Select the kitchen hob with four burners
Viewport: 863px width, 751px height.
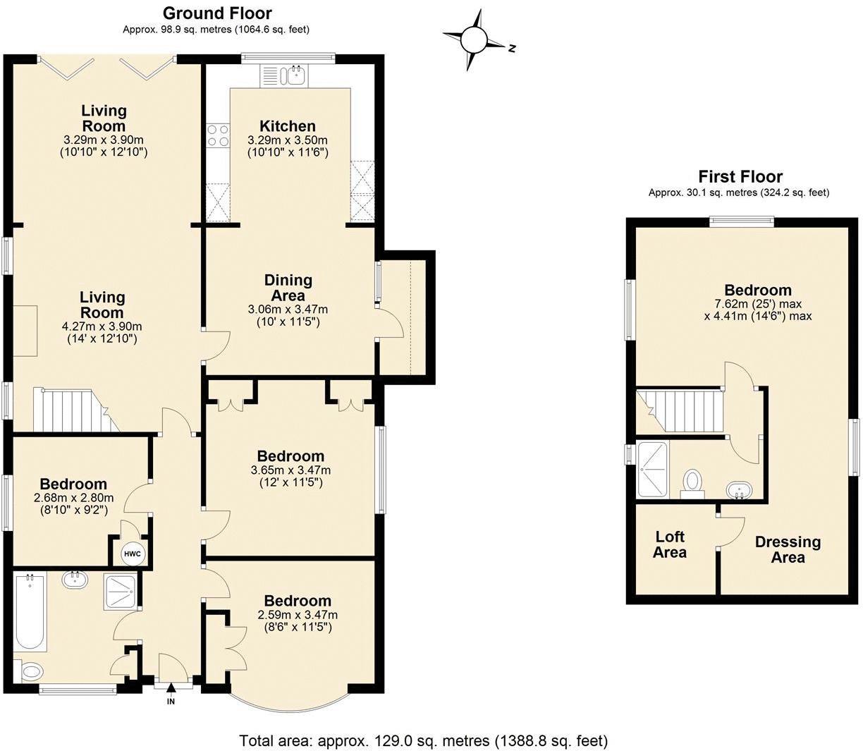(218, 136)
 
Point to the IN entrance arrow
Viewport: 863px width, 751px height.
(171, 688)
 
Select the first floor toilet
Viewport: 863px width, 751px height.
(692, 484)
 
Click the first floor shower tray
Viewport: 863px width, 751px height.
(653, 469)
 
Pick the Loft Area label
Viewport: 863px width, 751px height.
(670, 544)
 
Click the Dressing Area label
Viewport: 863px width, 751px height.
(788, 550)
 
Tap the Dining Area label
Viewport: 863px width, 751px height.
(288, 287)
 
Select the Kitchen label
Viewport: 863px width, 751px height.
(288, 126)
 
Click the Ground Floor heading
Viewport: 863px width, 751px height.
(216, 13)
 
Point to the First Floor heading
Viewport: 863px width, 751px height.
(740, 176)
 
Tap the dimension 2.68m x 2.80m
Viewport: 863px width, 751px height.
(74, 499)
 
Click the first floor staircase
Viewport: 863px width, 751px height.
(680, 411)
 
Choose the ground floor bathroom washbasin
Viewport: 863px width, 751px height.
(75, 580)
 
